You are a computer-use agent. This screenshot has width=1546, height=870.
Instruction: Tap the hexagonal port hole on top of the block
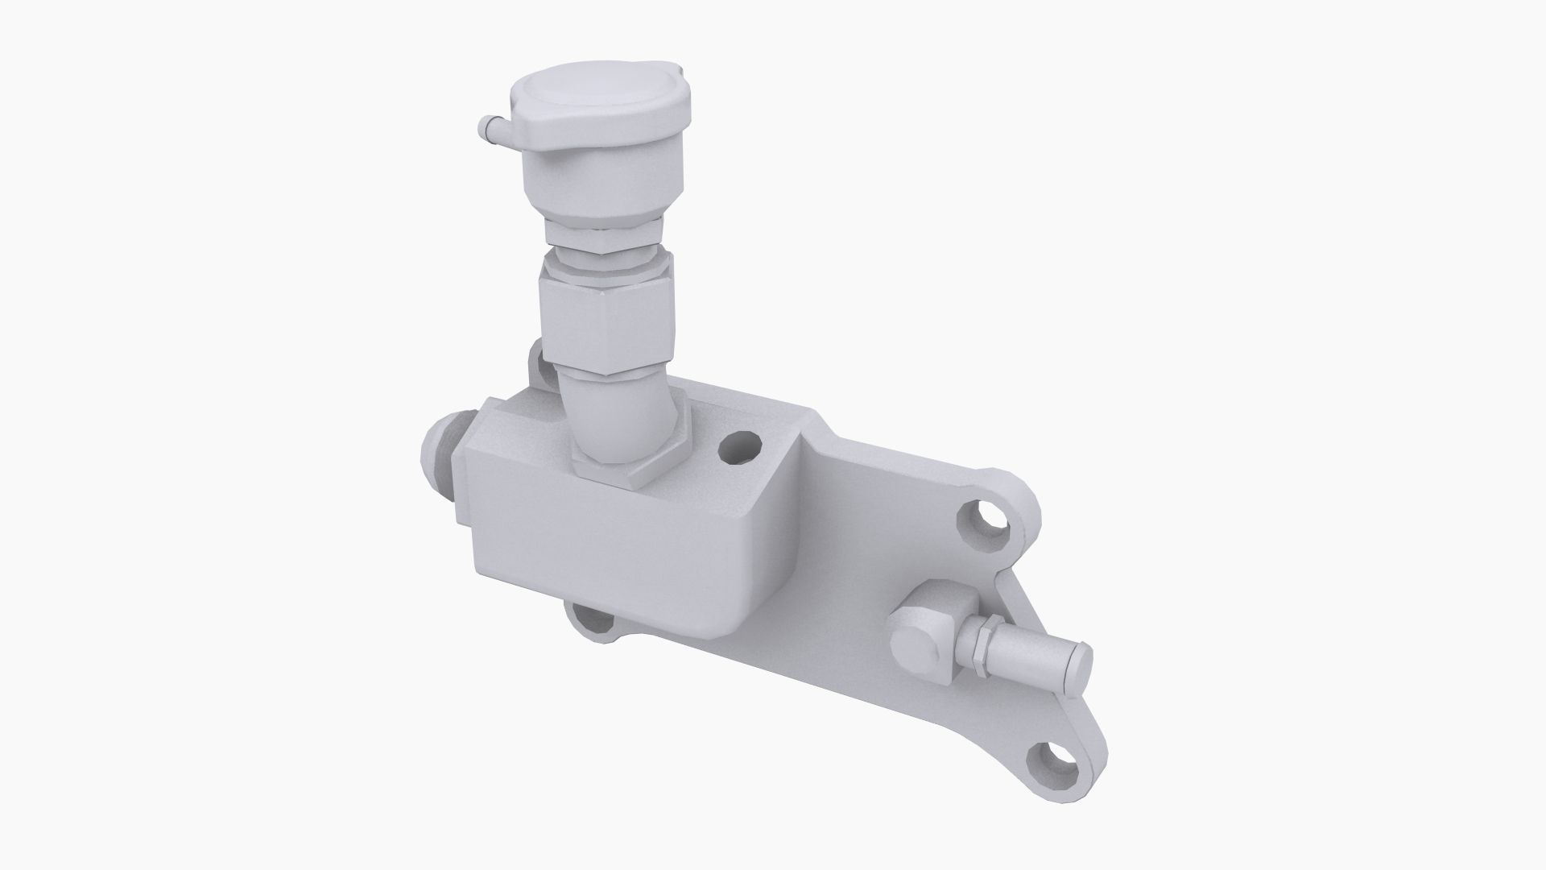[739, 448]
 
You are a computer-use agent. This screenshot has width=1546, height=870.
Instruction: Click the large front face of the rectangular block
[612, 556]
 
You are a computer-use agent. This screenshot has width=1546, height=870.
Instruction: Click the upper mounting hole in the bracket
[984, 524]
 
